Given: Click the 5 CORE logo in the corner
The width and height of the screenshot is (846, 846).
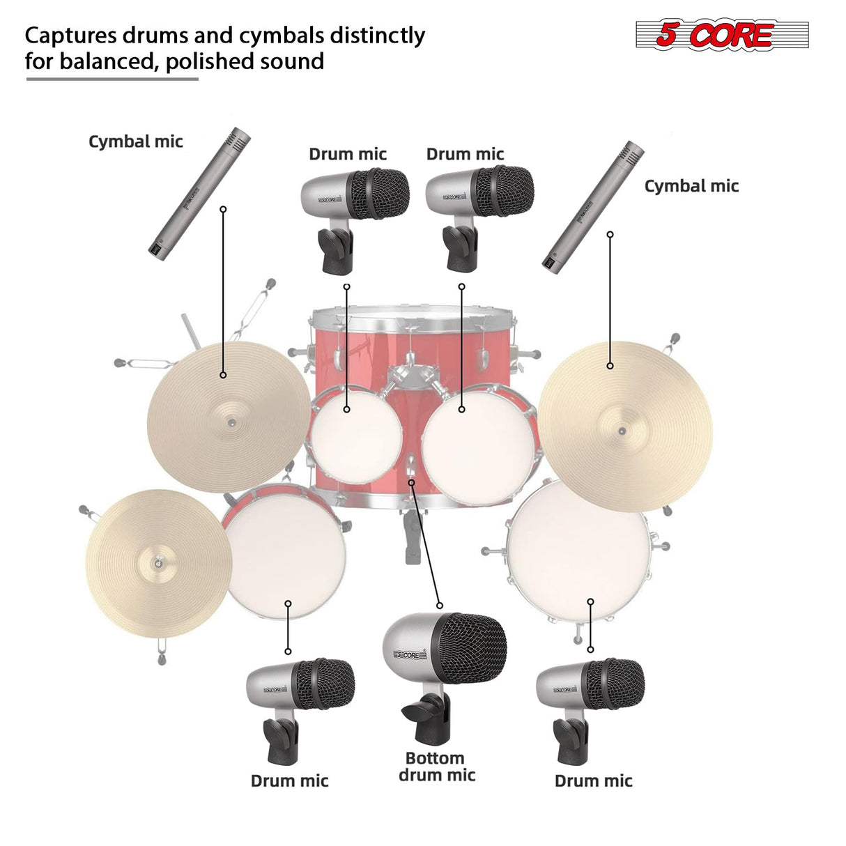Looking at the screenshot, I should [721, 36].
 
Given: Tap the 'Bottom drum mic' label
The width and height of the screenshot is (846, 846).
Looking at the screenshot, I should [437, 767].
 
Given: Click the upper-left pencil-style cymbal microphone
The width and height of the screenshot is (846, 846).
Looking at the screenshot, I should [199, 194].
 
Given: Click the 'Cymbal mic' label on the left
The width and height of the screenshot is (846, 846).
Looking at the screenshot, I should [135, 141].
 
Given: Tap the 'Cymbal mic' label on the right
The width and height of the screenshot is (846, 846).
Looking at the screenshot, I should [691, 186].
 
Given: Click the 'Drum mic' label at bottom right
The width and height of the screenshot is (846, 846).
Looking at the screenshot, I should [593, 780].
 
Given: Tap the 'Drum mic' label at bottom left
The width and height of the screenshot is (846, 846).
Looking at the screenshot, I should [289, 780].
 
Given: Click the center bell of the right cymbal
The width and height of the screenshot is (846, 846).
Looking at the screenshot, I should [622, 431].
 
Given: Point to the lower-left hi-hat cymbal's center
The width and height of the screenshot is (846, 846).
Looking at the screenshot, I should [159, 563].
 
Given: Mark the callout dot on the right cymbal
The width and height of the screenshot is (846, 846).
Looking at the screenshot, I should [610, 365].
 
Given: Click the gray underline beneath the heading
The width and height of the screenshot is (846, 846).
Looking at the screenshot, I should [112, 79].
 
